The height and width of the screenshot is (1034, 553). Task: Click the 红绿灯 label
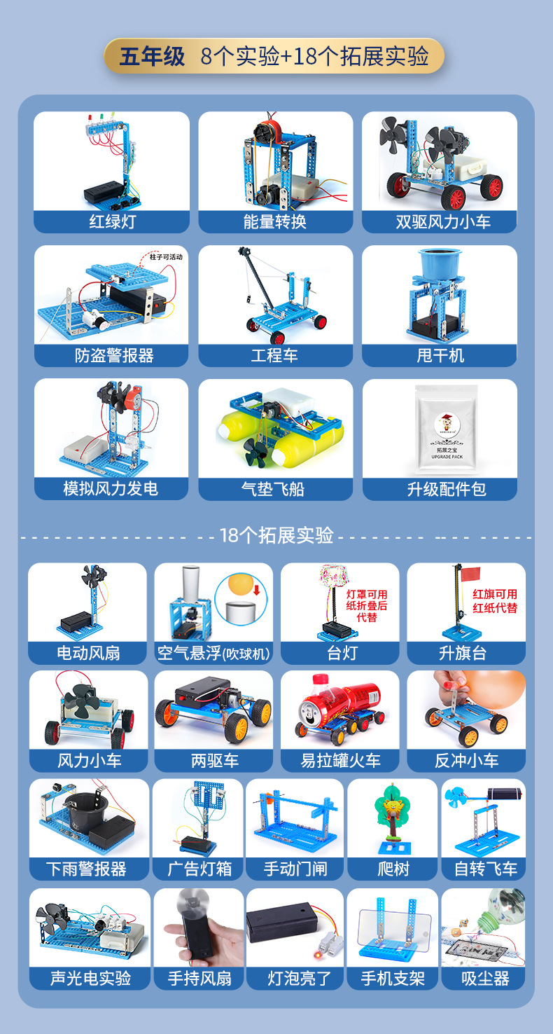pyautogui.click(x=112, y=222)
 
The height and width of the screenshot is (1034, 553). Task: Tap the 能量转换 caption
pyautogui.click(x=275, y=222)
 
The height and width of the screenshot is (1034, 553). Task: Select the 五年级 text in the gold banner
pyautogui.click(x=152, y=57)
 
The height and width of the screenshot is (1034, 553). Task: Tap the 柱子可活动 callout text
pyautogui.click(x=166, y=257)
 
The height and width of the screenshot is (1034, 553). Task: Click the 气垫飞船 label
pyautogui.click(x=275, y=489)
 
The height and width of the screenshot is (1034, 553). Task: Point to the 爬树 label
pyautogui.click(x=393, y=869)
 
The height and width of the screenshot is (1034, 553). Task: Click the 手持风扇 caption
pyautogui.click(x=199, y=978)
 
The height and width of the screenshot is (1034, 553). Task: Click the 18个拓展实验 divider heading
pyautogui.click(x=276, y=536)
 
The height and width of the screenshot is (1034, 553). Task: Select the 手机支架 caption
pyautogui.click(x=393, y=978)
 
